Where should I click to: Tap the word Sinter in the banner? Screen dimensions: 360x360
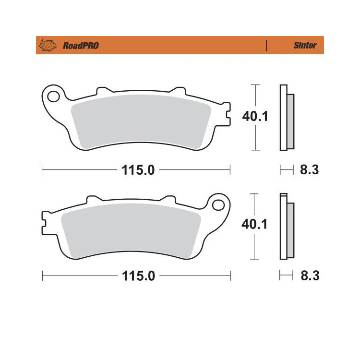[305, 45]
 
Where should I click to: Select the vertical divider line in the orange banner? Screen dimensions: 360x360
[266, 46]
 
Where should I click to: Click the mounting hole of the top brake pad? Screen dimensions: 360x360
[53, 96]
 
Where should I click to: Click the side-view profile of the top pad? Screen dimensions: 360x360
[287, 118]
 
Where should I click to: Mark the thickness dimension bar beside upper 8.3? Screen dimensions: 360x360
[286, 169]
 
